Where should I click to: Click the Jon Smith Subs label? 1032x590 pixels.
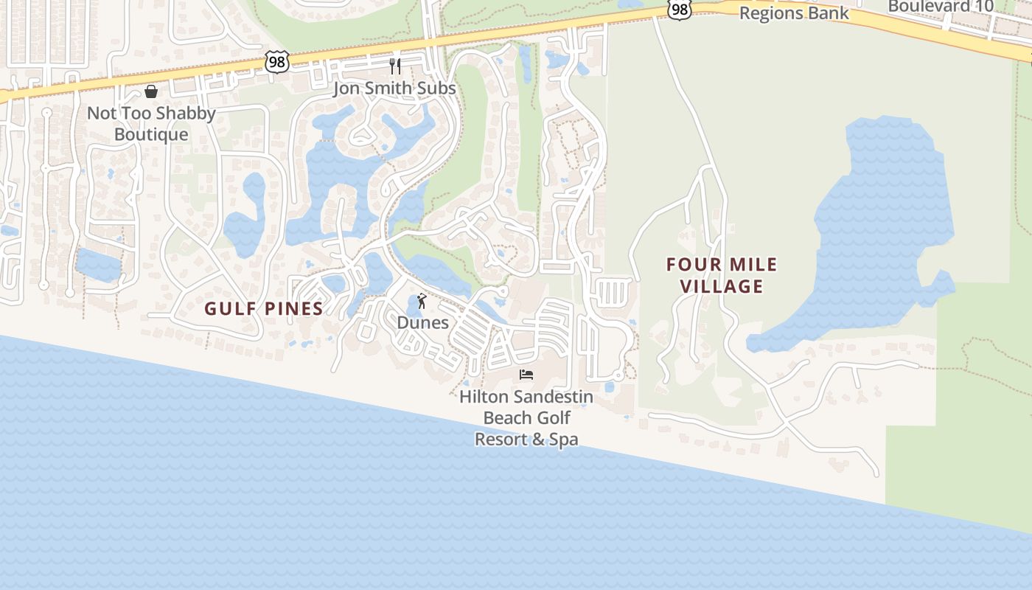click(394, 88)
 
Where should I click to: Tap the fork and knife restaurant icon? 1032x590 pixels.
click(395, 66)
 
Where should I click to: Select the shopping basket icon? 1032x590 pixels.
click(151, 91)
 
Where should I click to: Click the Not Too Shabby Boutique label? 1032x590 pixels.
click(151, 124)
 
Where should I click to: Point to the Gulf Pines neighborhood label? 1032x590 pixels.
click(264, 308)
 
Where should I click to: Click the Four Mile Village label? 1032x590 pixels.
click(722, 275)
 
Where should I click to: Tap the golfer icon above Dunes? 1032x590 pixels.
click(422, 301)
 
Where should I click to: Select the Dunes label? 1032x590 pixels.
click(422, 322)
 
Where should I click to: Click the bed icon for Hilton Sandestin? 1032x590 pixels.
click(526, 375)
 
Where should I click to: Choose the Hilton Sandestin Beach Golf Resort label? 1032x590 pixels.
click(526, 417)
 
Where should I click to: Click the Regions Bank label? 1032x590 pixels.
click(794, 13)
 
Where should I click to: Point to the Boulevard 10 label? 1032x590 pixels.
click(941, 7)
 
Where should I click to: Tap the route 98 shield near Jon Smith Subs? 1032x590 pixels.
click(276, 62)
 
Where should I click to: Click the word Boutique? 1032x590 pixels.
click(151, 135)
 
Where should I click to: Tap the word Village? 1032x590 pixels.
click(722, 286)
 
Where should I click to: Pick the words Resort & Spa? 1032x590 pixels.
click(526, 440)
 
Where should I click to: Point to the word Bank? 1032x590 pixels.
click(829, 13)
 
